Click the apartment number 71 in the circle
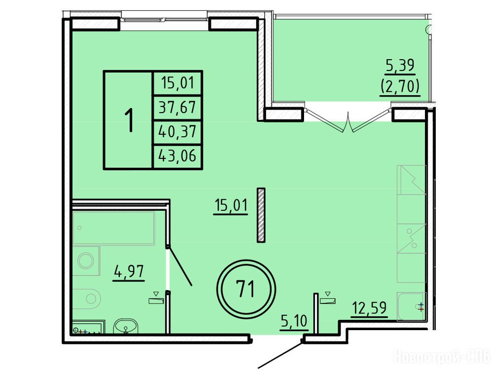(246, 289)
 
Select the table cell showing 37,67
(178, 108)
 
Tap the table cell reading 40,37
(178, 132)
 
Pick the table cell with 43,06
(178, 156)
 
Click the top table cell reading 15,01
(178, 83)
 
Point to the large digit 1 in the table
(129, 120)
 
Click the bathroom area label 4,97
(129, 272)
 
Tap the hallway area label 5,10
(294, 321)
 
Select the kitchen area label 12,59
(369, 308)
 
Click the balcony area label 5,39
(400, 66)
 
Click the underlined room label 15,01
(231, 206)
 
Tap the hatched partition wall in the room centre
(261, 215)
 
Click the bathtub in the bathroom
(114, 228)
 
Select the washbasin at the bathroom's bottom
(126, 326)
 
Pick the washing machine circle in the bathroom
(86, 261)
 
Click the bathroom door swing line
(180, 265)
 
